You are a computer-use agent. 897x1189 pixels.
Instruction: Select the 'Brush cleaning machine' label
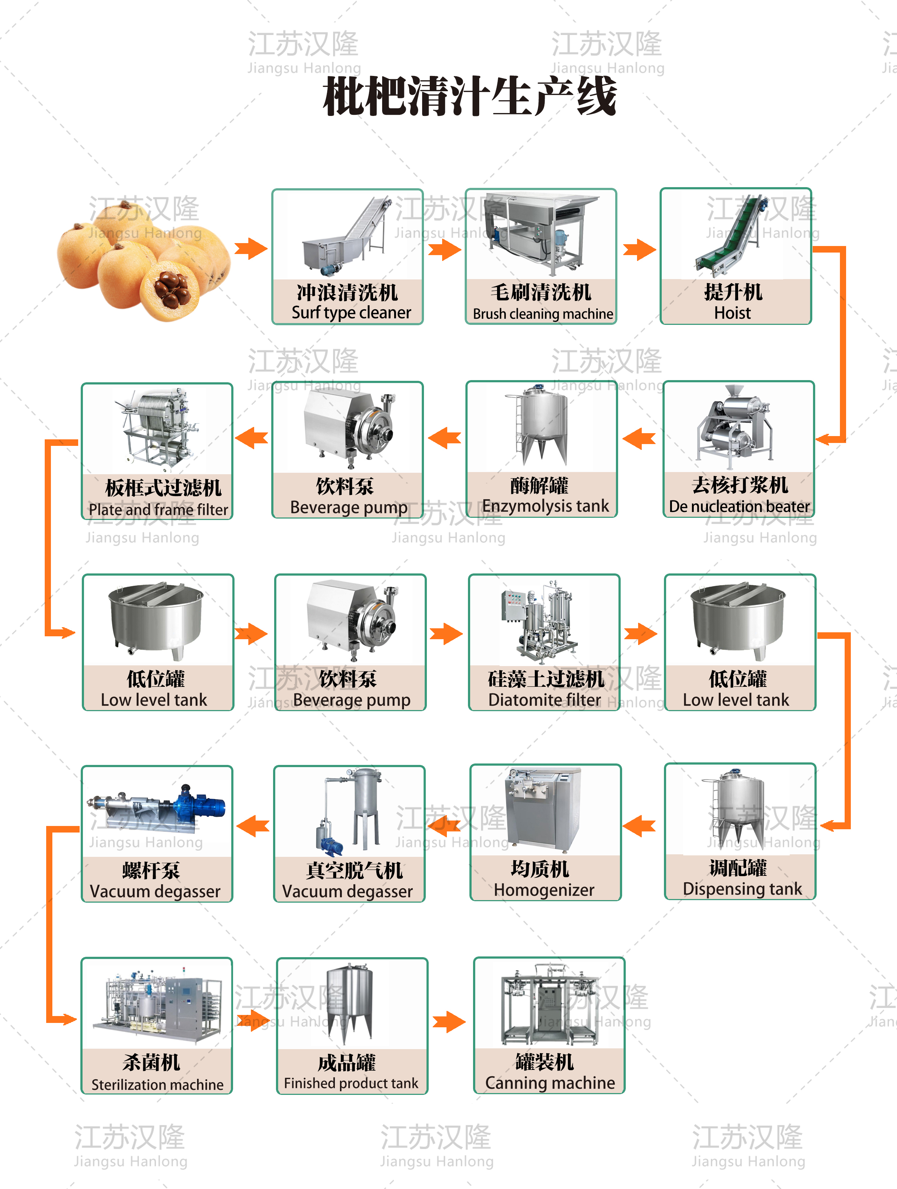pos(542,314)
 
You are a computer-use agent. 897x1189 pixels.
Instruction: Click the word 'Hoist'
pos(732,313)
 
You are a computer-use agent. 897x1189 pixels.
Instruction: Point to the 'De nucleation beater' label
pos(739,506)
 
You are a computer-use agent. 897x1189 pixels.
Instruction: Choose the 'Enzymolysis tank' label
pos(545,506)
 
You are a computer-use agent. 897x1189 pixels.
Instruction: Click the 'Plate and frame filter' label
pos(158,509)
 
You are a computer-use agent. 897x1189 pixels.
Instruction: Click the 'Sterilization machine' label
pos(157,1085)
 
